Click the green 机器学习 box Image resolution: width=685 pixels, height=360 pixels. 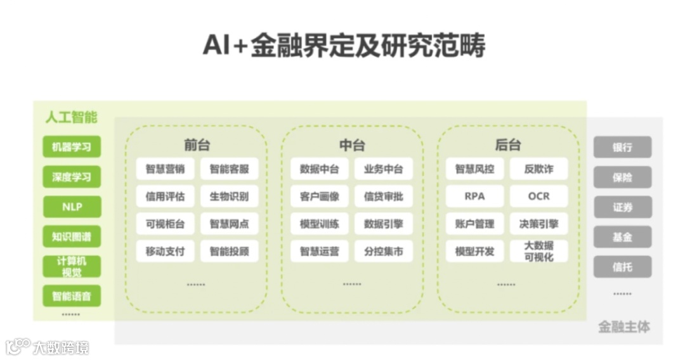tap(72, 147)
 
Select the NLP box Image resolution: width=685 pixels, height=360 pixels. tap(72, 207)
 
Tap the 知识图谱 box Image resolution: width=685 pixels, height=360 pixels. tap(72, 236)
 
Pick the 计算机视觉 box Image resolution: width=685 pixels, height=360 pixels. tap(72, 266)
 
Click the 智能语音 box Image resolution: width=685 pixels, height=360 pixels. tap(72, 296)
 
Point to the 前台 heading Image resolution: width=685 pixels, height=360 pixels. tap(197, 145)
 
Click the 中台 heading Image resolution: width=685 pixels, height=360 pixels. tap(352, 145)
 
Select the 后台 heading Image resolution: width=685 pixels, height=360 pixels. tap(507, 145)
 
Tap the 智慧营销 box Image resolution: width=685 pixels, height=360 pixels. tap(165, 169)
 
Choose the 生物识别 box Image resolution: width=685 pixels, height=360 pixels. tap(229, 196)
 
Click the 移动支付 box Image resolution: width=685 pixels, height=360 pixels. tap(165, 251)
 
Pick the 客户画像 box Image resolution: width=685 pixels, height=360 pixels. tap(320, 196)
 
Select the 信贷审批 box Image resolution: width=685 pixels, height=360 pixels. tap(383, 196)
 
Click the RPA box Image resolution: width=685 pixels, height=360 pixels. tap(474, 196)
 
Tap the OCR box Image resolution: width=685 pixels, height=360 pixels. tap(538, 196)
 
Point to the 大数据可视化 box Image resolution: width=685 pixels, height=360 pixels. tap(538, 251)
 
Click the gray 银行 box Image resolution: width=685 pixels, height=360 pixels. tap(622, 147)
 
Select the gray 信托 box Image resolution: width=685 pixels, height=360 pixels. tap(622, 267)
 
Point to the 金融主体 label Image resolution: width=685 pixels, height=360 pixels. tap(624, 327)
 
